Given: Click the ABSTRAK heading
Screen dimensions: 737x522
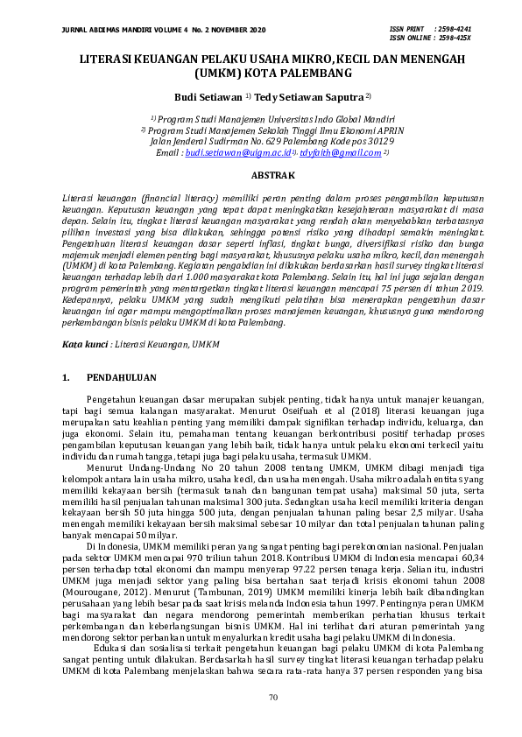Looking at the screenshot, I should point(261,175).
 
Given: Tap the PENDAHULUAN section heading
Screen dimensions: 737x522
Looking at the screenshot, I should point(121,378).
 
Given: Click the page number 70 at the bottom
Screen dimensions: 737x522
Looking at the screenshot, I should point(261,697).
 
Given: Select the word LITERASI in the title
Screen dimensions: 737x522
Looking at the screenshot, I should point(111,58).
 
